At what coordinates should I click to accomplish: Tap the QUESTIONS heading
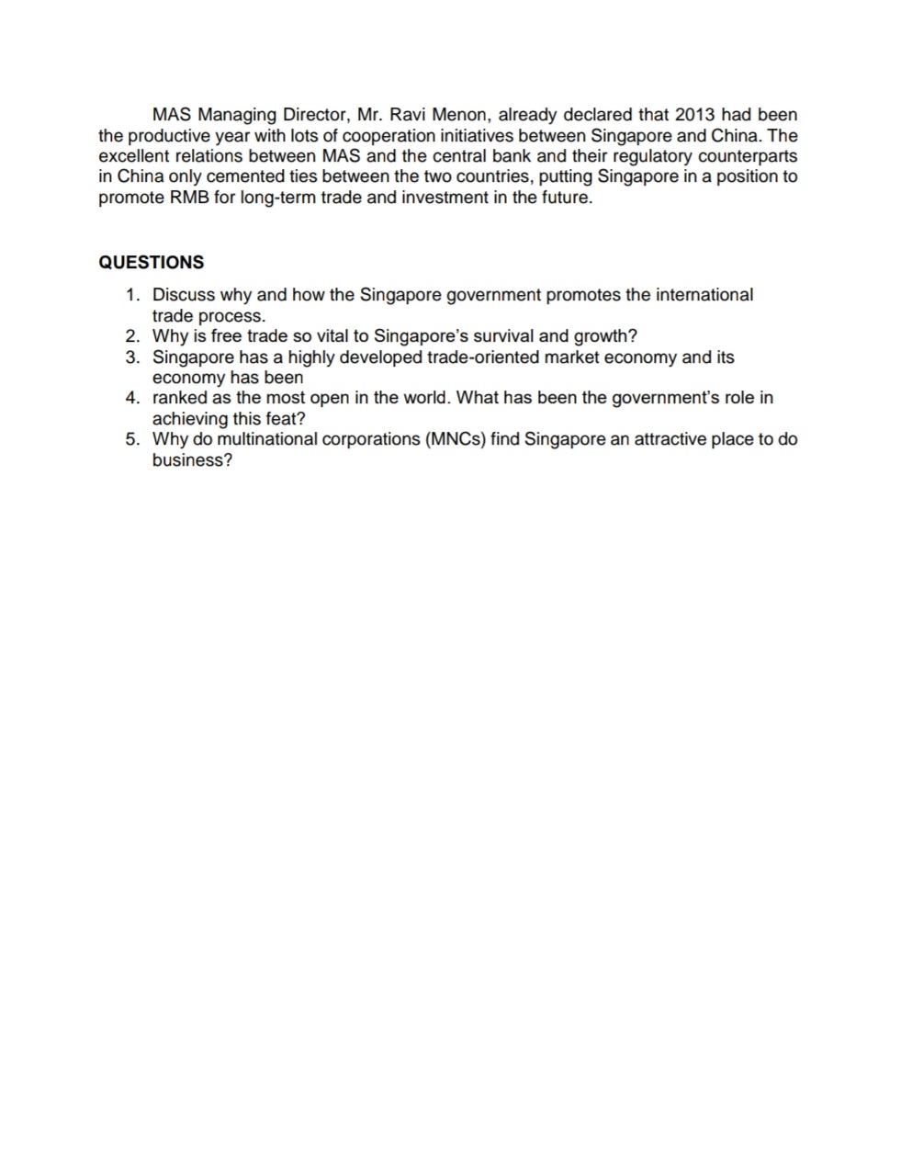tap(151, 262)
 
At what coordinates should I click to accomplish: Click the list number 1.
tap(132, 295)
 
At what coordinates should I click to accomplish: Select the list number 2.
tap(132, 336)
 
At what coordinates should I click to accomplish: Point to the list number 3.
tap(132, 357)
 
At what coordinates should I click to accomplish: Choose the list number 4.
tap(132, 398)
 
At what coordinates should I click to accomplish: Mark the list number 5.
tap(132, 439)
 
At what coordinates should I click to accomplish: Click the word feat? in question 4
tap(285, 419)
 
